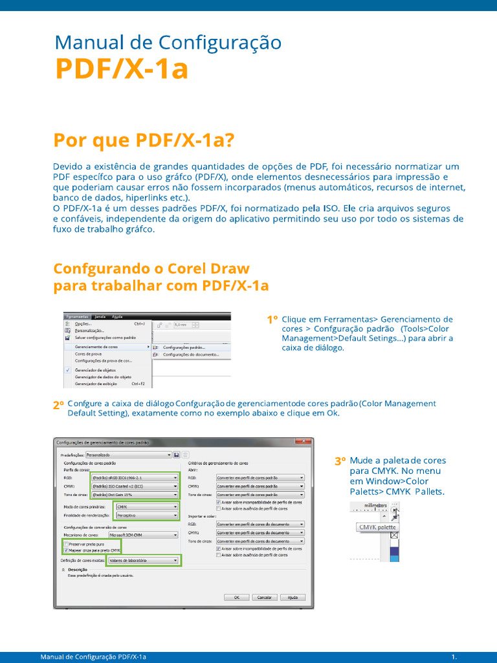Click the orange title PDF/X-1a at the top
coord(122,69)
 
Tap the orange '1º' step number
coord(272,320)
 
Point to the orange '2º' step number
coord(58,405)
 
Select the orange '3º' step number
coord(340,462)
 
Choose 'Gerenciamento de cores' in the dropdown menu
coord(96,347)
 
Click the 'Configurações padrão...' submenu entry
coord(188,347)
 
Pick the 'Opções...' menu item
coord(83,324)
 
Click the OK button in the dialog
coord(237,597)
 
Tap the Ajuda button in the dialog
coord(293,597)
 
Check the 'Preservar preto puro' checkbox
coord(66,545)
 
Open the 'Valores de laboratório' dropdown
coord(143,560)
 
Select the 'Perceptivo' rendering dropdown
coord(146,515)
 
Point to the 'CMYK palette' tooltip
coord(378,527)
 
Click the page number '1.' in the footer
coord(454,657)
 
